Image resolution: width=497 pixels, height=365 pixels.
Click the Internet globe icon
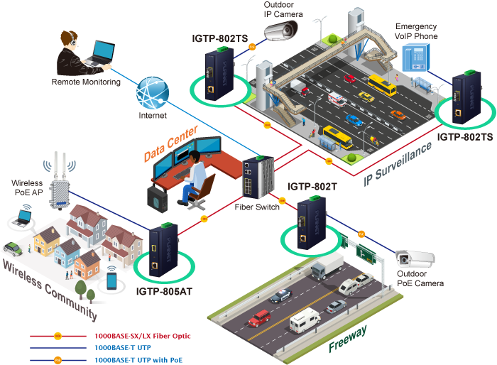(x=153, y=92)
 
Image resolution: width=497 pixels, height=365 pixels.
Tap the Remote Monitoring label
(x=85, y=82)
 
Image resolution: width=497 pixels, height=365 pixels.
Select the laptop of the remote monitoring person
(x=99, y=54)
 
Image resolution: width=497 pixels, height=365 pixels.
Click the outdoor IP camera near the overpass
(x=283, y=30)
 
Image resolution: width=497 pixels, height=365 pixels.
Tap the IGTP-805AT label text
(x=165, y=290)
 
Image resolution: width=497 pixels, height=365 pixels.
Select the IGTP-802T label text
(x=312, y=187)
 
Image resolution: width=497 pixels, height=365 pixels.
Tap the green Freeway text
(x=348, y=339)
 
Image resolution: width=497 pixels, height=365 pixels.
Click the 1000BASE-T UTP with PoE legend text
(x=138, y=360)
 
